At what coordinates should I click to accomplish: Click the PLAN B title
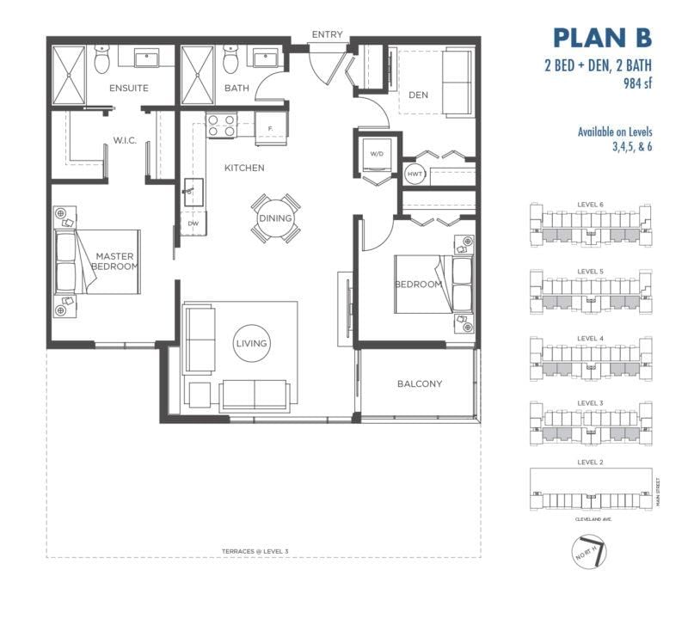(603, 38)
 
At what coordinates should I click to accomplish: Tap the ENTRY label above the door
(327, 34)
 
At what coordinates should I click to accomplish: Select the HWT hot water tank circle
(415, 175)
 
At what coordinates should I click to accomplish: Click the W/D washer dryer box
(377, 155)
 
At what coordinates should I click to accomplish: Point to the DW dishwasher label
(193, 224)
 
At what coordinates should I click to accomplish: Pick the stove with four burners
(222, 125)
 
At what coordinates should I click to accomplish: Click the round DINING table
(275, 218)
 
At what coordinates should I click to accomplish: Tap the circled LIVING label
(251, 343)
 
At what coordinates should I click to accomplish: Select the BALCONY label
(420, 383)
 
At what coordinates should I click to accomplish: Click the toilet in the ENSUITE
(101, 60)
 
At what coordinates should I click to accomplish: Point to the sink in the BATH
(265, 58)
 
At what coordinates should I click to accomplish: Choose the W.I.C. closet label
(125, 141)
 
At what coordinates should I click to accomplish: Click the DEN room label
(418, 95)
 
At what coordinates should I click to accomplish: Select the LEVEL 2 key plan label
(590, 463)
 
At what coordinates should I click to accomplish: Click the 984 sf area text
(637, 83)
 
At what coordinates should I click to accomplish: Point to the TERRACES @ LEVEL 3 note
(255, 551)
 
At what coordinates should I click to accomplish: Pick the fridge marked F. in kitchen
(271, 129)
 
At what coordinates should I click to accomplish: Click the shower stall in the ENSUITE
(69, 75)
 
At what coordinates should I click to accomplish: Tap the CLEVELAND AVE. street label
(593, 519)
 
